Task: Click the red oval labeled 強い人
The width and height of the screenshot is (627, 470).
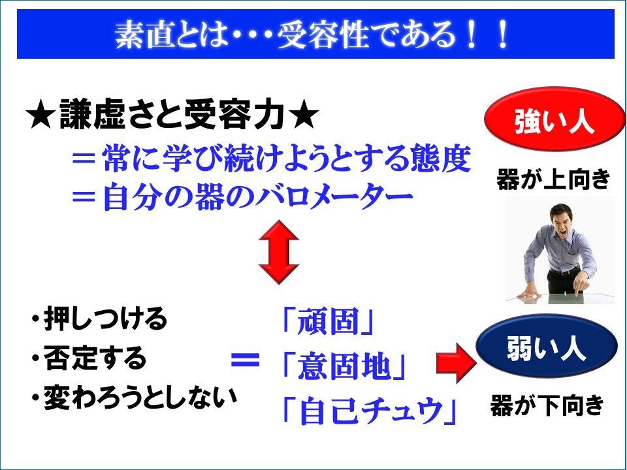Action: pos(555,120)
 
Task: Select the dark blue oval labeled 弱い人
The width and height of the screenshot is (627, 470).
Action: pos(547,346)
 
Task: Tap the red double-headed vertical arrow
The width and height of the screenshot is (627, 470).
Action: pos(279,252)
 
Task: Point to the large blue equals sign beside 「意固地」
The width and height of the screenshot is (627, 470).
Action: pos(245,360)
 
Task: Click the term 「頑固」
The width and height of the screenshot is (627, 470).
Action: pos(327,321)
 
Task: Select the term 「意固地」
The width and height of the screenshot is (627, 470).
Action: pos(344,366)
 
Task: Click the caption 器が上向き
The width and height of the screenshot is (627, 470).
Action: pos(553,179)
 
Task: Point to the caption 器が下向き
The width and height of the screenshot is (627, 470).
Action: pos(547,405)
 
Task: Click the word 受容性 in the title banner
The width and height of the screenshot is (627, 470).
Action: pos(322,35)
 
